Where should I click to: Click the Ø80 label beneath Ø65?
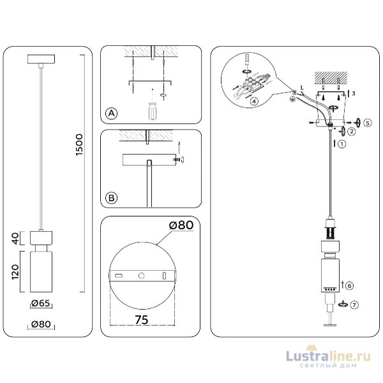pos(41,324)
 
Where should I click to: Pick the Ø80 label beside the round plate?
pos(181,225)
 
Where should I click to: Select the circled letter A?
pos(111,114)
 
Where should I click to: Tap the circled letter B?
pos(111,199)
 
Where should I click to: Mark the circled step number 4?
pos(254,101)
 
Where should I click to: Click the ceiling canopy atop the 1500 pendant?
pos(41,60)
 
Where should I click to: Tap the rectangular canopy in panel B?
pos(148,159)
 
